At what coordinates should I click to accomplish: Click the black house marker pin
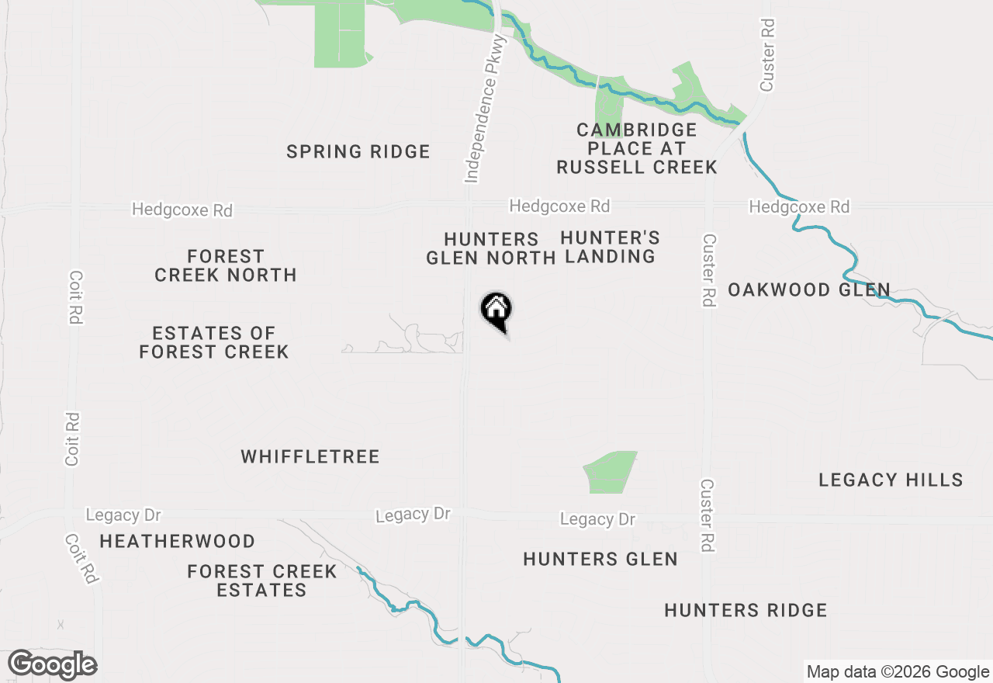[496, 310]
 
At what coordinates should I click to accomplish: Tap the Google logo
[53, 664]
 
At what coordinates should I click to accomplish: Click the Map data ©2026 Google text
[898, 672]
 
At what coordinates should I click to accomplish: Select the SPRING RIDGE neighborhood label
[358, 151]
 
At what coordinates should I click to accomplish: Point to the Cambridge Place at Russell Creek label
[636, 148]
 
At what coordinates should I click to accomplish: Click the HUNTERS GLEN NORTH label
[490, 248]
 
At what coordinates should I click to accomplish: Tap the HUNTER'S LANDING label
[610, 247]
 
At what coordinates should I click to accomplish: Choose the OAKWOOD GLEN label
[808, 290]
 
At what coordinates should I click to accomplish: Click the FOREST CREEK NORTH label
[226, 265]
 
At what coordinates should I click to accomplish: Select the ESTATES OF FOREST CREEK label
[213, 342]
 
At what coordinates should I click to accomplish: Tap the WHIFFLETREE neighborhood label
[310, 456]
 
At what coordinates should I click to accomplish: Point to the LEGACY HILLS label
[891, 480]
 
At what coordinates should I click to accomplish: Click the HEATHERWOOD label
[177, 541]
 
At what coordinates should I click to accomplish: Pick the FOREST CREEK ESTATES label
[262, 581]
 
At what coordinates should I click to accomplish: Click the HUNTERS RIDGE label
[746, 611]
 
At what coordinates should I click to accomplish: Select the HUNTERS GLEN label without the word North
[600, 559]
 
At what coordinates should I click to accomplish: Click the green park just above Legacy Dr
[611, 471]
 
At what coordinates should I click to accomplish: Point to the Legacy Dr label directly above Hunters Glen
[597, 519]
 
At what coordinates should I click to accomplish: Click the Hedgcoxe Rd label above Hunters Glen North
[559, 206]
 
